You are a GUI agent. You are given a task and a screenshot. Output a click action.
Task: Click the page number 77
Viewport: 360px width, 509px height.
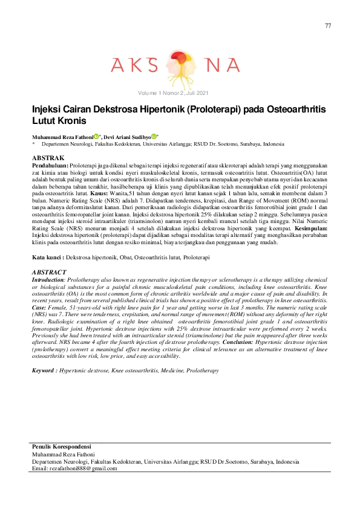[328, 25]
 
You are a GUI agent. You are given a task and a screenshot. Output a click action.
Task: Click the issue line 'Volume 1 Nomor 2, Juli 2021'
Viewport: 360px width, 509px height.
[173, 92]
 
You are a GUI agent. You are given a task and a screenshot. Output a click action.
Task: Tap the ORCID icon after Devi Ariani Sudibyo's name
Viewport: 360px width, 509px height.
[154, 137]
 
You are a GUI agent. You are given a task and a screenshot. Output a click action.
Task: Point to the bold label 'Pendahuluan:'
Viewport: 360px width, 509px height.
[50, 165]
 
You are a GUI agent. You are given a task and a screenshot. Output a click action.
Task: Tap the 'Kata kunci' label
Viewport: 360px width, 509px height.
[47, 274]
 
